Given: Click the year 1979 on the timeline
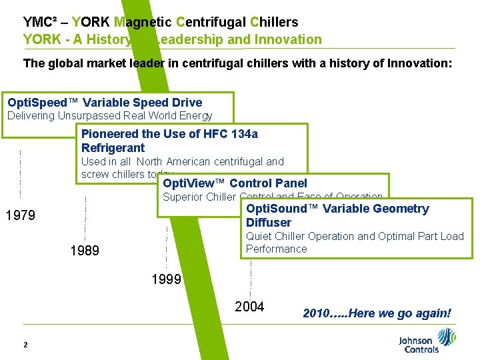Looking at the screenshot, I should click(x=20, y=216).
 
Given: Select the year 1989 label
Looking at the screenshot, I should click(x=85, y=251).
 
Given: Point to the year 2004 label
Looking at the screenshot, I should click(x=249, y=307).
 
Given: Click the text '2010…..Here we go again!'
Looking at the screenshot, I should click(x=377, y=313).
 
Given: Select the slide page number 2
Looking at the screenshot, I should click(x=25, y=345).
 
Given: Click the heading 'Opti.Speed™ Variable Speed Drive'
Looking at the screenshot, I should click(x=105, y=103).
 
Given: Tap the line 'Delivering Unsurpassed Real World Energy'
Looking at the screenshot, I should click(x=109, y=116).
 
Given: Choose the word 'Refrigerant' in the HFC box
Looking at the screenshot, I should click(x=113, y=147).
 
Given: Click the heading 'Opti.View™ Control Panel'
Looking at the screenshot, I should click(x=235, y=183).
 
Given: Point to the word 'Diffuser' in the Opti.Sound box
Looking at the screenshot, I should click(x=269, y=222).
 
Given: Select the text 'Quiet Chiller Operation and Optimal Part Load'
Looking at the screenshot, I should click(x=355, y=236).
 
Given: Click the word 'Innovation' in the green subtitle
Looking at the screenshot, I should click(x=288, y=39).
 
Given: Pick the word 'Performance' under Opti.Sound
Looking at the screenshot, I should click(x=276, y=249).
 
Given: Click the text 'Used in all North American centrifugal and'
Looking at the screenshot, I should click(x=182, y=161).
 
